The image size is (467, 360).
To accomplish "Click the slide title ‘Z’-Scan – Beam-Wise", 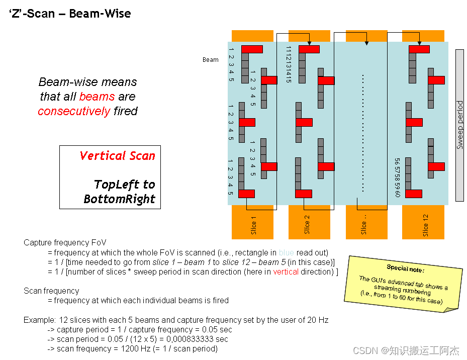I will [70, 14].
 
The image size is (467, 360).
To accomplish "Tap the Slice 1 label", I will [253, 226].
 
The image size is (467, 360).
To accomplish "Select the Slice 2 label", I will [307, 226].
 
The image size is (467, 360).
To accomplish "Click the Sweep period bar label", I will [459, 125].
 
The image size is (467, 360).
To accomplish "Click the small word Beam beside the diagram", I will [211, 60].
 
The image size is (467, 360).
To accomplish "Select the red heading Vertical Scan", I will [117, 156].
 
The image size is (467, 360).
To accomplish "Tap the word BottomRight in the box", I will [120, 199].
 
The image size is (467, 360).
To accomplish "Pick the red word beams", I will [93, 97].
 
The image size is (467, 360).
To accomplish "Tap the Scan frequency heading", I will [51, 291].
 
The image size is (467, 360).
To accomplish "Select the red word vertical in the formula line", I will [286, 272].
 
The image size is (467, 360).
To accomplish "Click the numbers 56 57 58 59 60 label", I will [397, 177].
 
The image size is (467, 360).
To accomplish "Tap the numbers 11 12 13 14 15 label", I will [289, 64].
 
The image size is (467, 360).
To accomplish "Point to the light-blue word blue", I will [287, 252].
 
